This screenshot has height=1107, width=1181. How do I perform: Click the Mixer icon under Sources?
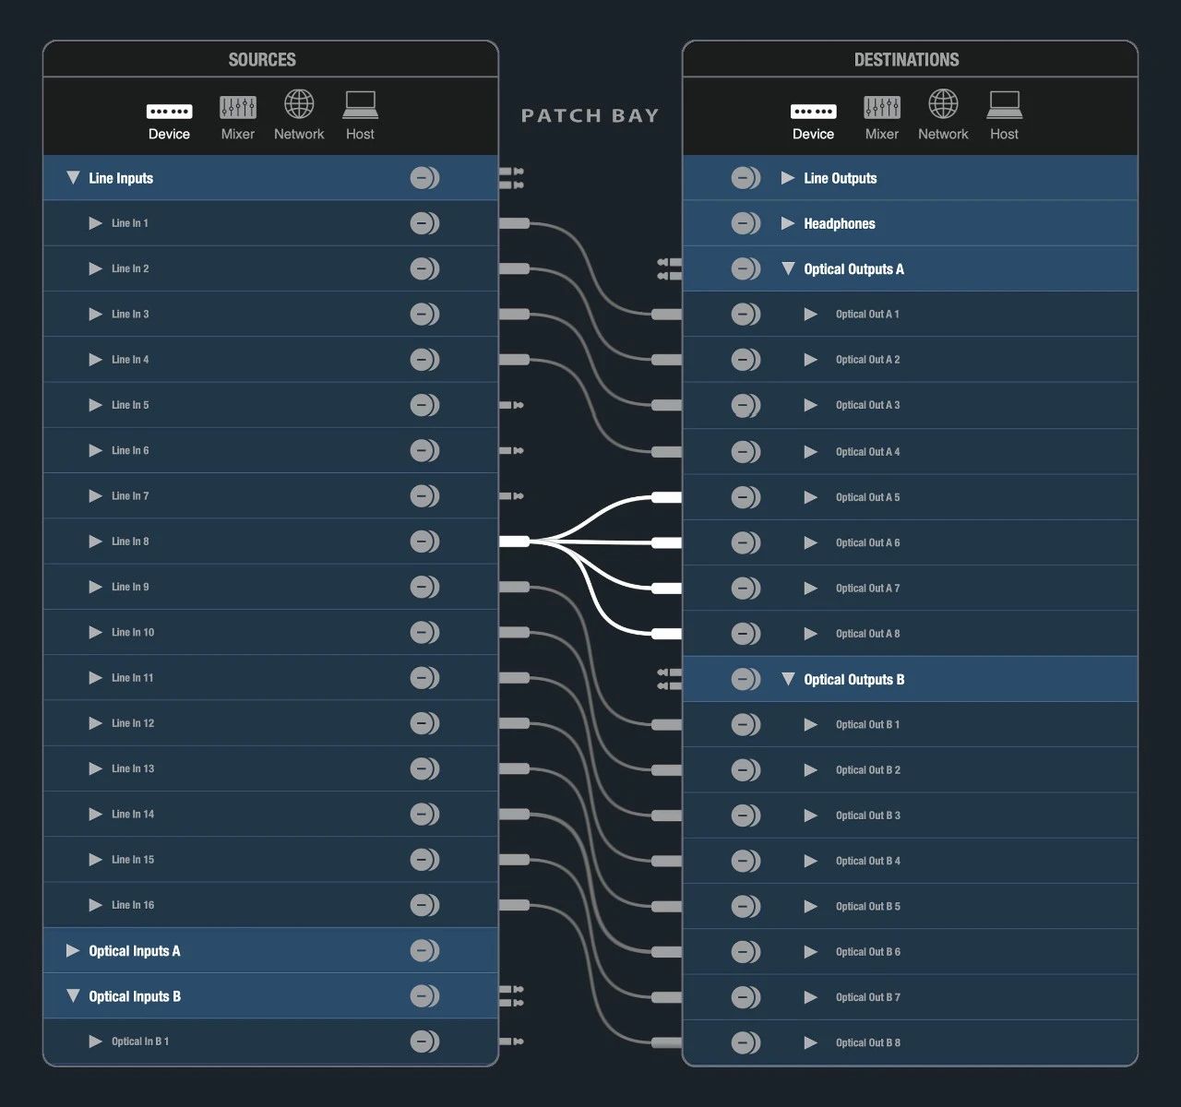point(237,107)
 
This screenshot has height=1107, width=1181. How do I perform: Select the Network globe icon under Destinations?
point(942,104)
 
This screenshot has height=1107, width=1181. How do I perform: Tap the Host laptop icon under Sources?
point(360,104)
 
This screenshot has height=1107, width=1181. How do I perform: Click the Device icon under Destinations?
point(813,112)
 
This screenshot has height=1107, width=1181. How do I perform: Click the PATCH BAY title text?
point(590,116)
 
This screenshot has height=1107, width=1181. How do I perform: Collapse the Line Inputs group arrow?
point(73,177)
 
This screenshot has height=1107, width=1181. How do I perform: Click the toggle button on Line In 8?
point(424,542)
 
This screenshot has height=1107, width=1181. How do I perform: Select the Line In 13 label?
point(133,768)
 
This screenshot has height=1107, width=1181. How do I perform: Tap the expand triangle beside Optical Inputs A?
point(73,950)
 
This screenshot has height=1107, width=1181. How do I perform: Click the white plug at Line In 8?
point(515,542)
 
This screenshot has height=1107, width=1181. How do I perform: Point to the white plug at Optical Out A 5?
point(666,497)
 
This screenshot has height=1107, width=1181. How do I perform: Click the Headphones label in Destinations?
point(839,223)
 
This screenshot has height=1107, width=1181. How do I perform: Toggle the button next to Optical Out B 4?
point(746,861)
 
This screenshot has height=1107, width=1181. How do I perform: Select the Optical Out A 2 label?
point(867,360)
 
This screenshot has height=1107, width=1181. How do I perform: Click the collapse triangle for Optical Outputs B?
point(788,679)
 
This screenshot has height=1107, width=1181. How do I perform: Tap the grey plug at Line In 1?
point(515,223)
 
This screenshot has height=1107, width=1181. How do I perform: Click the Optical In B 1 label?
point(140,1042)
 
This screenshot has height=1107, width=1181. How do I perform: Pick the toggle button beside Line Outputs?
point(746,178)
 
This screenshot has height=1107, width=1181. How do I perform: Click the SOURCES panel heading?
point(262,60)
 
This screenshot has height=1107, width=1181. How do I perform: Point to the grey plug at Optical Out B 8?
point(666,1042)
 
